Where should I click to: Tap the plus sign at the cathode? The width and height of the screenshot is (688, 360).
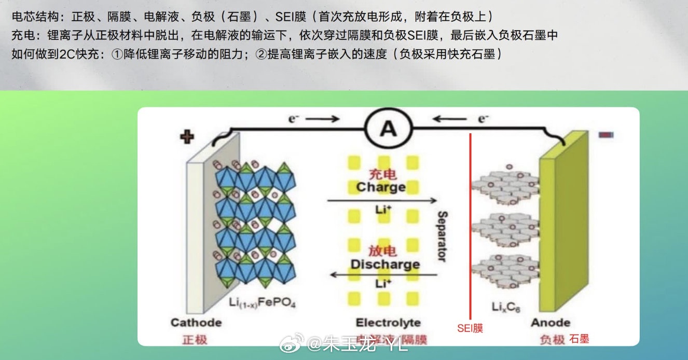pos(187,137)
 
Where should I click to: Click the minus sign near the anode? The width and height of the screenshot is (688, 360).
pos(606,135)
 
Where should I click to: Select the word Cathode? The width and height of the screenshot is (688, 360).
pos(196,323)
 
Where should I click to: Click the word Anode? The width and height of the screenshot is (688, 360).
pos(551,323)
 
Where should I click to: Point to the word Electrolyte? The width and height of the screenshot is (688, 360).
pos(388,323)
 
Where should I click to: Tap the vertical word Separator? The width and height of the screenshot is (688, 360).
pos(442,236)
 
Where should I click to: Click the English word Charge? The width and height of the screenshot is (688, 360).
pos(381,187)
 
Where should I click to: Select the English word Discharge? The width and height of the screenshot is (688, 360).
pos(384,264)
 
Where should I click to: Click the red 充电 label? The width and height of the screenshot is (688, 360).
pos(382,174)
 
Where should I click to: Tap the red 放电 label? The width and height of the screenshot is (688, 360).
pos(383,251)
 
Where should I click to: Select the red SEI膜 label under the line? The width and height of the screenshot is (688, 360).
pos(470,328)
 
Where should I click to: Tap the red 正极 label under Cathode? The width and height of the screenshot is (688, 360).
pos(195,340)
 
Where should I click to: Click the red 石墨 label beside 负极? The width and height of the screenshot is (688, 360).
pos(579,339)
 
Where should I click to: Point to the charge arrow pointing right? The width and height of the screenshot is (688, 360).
pos(381,200)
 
